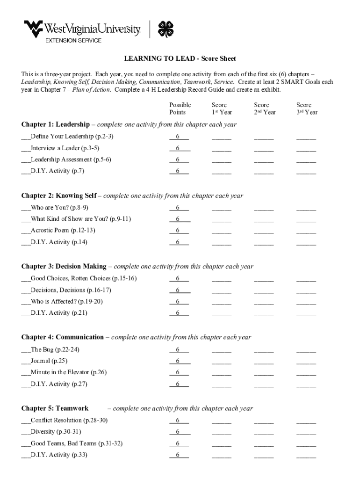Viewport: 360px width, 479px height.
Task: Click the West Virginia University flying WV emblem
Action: (34, 29)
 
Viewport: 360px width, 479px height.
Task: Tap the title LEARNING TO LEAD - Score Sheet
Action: (180, 58)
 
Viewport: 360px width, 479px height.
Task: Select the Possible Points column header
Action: (180, 109)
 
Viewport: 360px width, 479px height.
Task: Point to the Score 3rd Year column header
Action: (307, 109)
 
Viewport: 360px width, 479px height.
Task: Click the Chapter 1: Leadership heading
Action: (55, 124)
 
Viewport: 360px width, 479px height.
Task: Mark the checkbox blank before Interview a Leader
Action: (26, 149)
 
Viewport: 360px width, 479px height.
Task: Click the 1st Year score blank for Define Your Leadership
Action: (221, 138)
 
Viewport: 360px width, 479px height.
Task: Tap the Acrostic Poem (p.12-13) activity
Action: (63, 230)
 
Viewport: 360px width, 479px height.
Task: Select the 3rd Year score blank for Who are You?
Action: (306, 209)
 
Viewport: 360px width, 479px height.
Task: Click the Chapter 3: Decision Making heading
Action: (64, 267)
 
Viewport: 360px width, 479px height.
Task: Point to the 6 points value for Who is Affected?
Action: (178, 301)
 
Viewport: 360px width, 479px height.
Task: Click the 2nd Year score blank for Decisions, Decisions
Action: (264, 291)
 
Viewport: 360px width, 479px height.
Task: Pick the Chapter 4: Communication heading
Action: (63, 337)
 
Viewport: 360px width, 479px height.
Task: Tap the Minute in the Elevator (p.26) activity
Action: (68, 372)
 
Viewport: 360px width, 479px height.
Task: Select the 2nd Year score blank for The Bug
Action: (264, 350)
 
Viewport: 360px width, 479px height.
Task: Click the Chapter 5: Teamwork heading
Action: (55, 408)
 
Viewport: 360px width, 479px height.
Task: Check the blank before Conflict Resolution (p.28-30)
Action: (26, 421)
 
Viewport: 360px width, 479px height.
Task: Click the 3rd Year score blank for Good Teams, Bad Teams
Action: (306, 444)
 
